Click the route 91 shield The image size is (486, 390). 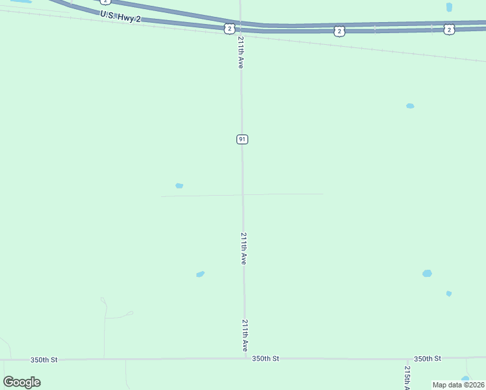coord(242,139)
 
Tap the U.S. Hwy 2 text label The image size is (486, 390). coord(120,16)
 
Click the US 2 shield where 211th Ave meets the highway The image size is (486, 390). coord(229,28)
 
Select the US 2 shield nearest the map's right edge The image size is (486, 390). coord(449,29)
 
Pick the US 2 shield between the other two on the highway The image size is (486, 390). coord(339,31)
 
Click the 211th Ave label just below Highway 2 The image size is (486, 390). coord(240,53)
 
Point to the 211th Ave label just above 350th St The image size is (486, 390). coord(245,335)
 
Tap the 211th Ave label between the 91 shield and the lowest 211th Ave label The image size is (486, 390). coord(244,248)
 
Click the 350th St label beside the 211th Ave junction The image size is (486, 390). coord(266,358)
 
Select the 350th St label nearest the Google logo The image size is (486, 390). coord(44,359)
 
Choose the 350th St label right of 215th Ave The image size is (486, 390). coord(428,358)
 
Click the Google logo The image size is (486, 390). coord(21,382)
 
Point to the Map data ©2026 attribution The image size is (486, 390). coord(458,385)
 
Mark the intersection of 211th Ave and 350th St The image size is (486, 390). coord(246,357)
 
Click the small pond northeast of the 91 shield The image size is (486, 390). coord(410,106)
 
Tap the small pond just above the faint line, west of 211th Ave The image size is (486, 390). coord(179,186)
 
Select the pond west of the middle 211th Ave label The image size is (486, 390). coord(200,274)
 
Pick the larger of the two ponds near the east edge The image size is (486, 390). coord(427,274)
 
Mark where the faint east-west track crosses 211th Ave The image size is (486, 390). coord(243,194)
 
